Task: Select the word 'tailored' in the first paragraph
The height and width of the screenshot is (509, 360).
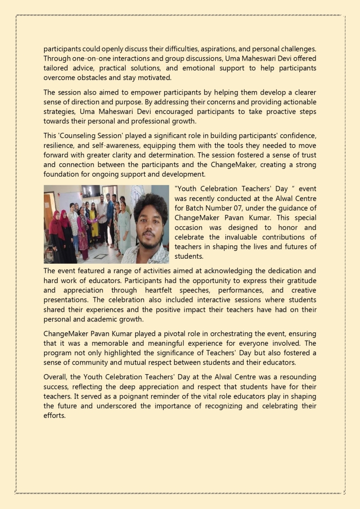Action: (x=56, y=68)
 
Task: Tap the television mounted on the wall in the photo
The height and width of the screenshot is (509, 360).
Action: (x=90, y=190)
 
